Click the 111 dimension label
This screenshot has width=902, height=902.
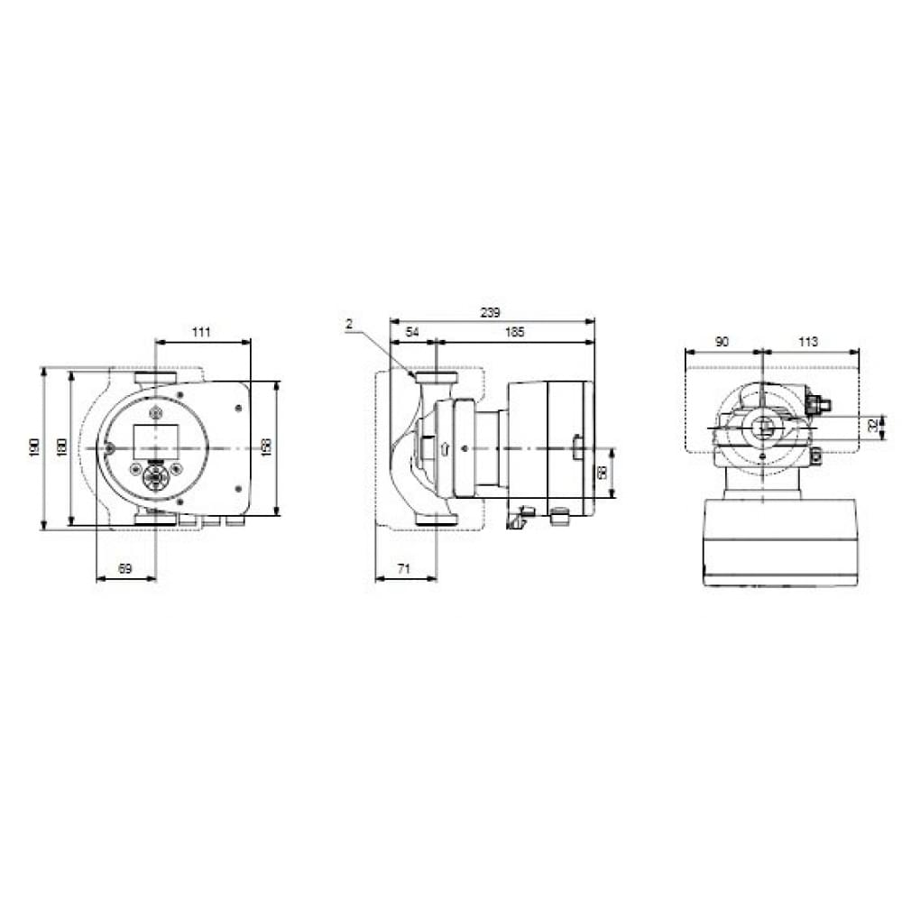coord(201,333)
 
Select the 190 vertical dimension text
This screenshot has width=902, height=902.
coord(33,447)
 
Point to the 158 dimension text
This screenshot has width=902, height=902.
coord(265,447)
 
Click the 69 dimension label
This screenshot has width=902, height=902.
coord(125,568)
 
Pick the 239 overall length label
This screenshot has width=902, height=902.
coord(490,312)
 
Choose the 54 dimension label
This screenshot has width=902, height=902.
coord(412,333)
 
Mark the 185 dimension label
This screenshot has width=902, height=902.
coord(513,333)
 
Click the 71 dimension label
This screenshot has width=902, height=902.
coord(405,568)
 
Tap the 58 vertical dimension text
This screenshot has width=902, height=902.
coord(602,472)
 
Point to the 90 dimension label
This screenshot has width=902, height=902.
coord(722,342)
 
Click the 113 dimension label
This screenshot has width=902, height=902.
coord(808,342)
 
